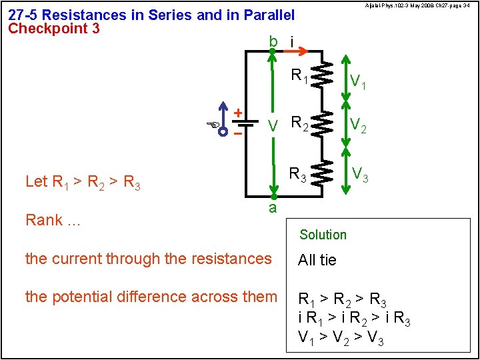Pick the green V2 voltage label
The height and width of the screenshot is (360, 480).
pos(357,125)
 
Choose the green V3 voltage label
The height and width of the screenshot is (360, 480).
pos(361,175)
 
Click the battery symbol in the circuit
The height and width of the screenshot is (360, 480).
pos(247,123)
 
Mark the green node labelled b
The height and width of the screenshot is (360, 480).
pos(273,50)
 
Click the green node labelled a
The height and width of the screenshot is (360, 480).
pos(273,197)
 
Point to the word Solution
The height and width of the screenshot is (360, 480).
pos(323,235)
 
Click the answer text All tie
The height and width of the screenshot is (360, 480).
pos(317,260)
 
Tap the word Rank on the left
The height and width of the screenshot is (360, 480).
pos(44,220)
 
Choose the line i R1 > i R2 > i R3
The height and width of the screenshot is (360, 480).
pos(354,319)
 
